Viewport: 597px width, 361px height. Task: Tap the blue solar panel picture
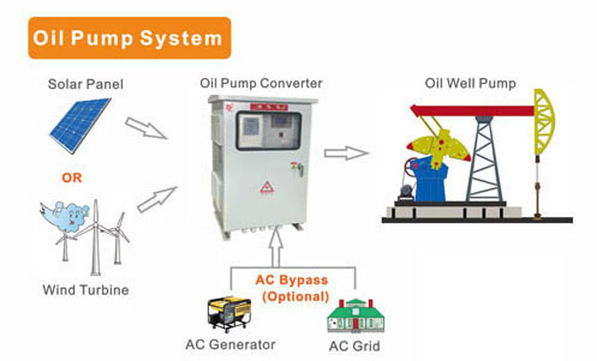80,125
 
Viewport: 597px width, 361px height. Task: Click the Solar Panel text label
85,84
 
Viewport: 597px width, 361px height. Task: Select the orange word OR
73,179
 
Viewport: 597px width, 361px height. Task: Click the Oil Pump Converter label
261,83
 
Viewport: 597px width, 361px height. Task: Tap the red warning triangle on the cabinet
267,187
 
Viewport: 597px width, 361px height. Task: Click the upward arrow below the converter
277,246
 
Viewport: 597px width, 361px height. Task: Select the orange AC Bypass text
291,280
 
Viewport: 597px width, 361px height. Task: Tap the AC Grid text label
354,347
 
